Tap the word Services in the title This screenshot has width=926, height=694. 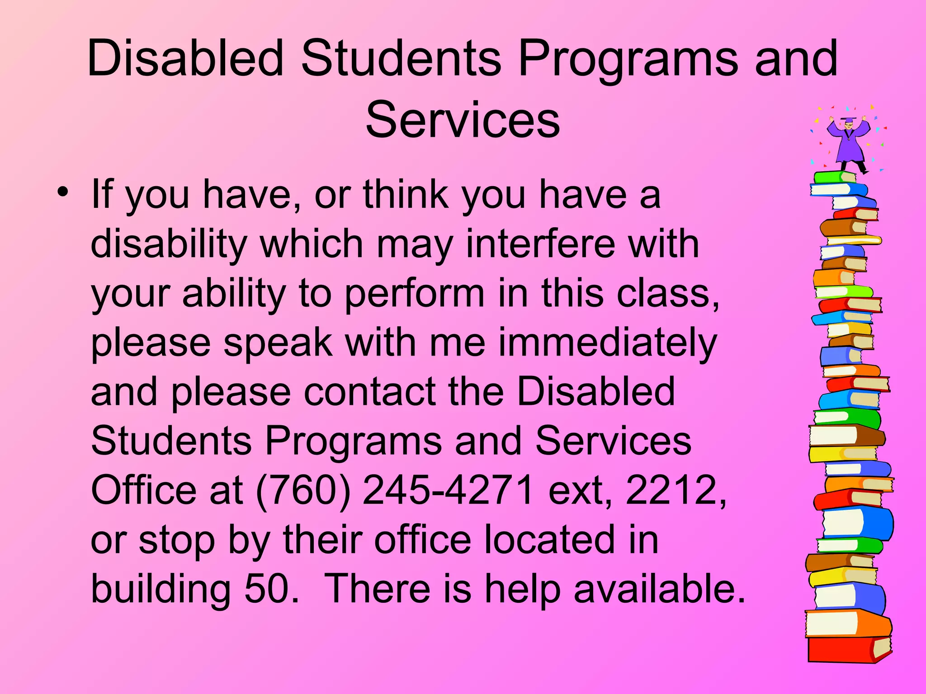click(463, 120)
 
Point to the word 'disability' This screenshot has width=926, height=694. click(169, 244)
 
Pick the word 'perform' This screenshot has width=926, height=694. click(415, 294)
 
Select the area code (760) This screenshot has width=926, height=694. click(303, 490)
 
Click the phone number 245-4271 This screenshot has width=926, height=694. click(448, 490)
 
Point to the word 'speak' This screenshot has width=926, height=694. click(278, 343)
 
